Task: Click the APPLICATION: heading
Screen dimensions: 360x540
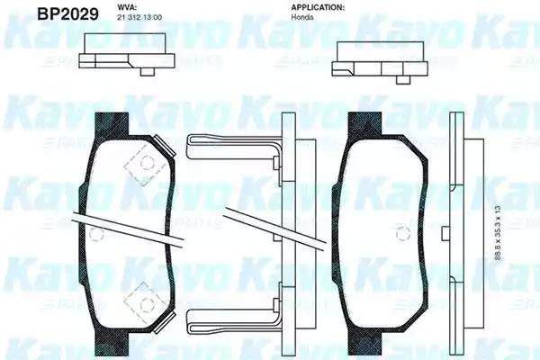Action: (318, 7)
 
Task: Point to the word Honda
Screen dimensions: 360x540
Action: (303, 18)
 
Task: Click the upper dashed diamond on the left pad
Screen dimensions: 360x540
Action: (139, 157)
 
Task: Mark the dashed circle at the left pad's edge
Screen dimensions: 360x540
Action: (95, 232)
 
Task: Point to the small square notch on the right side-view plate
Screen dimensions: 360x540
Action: (447, 234)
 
